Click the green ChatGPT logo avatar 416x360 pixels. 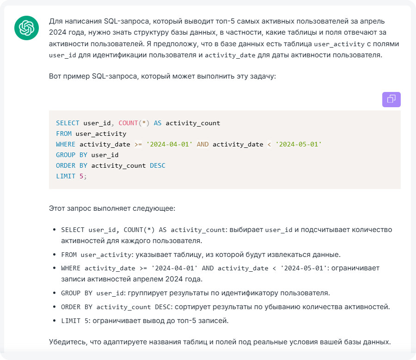[x=26, y=28]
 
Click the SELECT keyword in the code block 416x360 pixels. [x=67, y=123]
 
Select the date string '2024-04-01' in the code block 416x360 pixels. [x=169, y=144]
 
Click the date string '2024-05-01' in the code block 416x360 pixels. [x=299, y=144]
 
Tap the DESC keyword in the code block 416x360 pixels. [x=158, y=165]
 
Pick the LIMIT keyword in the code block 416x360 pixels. [x=65, y=176]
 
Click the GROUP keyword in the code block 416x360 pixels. [x=65, y=155]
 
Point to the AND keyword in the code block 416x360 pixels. [x=202, y=144]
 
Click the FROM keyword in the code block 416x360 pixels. [x=63, y=134]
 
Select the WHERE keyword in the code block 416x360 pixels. [x=66, y=144]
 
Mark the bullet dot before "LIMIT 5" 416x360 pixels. [x=55, y=321]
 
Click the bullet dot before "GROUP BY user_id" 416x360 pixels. [x=55, y=293]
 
